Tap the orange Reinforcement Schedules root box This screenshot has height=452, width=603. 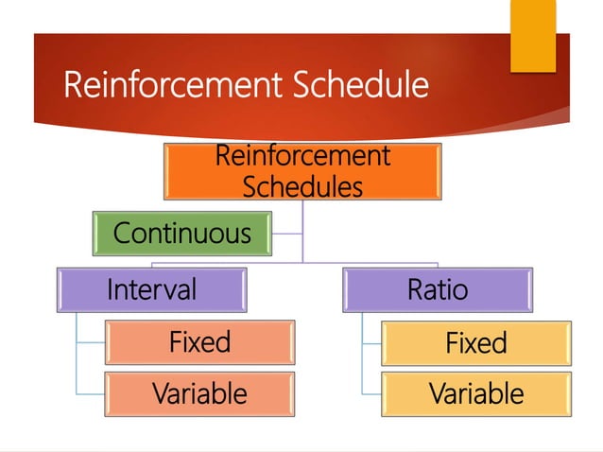(x=301, y=170)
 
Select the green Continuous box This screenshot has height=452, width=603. (x=182, y=233)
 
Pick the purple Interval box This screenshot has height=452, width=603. (x=151, y=289)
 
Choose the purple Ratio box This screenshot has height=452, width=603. (x=437, y=289)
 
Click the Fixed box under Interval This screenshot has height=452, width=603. (x=199, y=341)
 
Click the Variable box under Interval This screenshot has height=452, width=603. (x=199, y=392)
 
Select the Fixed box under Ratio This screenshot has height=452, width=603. (x=475, y=342)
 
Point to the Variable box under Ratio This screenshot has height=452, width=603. (x=475, y=392)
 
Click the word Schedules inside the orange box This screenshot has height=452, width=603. (x=301, y=186)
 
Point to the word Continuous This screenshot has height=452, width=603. (x=182, y=233)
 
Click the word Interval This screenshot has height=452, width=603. (x=151, y=289)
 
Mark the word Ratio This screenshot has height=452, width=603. (x=437, y=289)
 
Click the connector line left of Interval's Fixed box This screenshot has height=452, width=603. (x=90, y=341)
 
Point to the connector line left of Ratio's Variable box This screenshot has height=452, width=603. (x=370, y=392)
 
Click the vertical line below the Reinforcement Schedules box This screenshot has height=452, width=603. (x=302, y=232)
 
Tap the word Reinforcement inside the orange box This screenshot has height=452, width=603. (x=301, y=155)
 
